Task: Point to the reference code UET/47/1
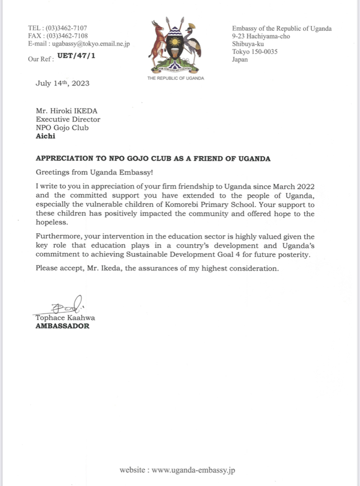pyautogui.click(x=76, y=56)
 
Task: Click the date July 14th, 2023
pyautogui.click(x=63, y=83)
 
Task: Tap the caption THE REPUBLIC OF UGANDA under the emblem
pyautogui.click(x=176, y=78)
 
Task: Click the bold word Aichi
pyautogui.click(x=45, y=136)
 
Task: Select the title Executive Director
pyautogui.click(x=68, y=119)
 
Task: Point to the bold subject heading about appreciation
pyautogui.click(x=153, y=159)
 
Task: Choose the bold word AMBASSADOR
pyautogui.click(x=63, y=326)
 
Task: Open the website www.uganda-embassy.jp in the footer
pyautogui.click(x=194, y=470)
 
